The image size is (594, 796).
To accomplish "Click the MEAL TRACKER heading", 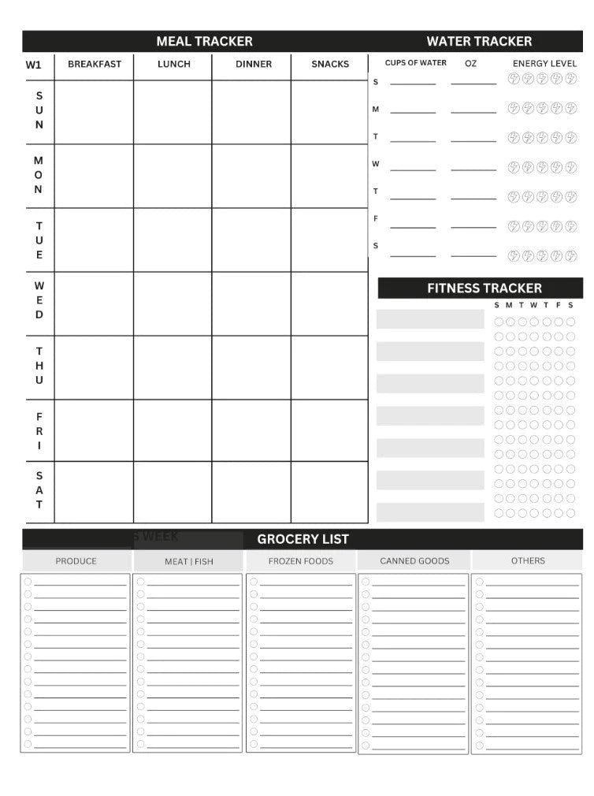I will (x=204, y=41).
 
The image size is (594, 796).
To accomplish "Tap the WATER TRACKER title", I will (x=479, y=41).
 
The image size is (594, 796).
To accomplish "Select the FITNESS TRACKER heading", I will (x=484, y=288).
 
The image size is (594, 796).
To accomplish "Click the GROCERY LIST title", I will (x=303, y=539).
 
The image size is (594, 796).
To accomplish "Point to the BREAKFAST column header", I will (x=95, y=65).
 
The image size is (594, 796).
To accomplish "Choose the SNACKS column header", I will (x=329, y=65).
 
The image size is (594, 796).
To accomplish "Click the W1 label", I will (x=34, y=65).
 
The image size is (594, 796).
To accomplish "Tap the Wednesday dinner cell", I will (x=251, y=303).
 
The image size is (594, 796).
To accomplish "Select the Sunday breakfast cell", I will (x=95, y=112).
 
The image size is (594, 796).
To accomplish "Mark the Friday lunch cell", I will (x=173, y=430).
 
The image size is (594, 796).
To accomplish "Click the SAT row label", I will (x=39, y=490).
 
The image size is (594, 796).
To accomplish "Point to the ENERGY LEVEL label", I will (x=544, y=64).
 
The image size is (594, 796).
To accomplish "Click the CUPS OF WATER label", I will (x=415, y=63).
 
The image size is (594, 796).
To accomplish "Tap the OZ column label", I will (x=470, y=64).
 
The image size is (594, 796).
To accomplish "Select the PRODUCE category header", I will (x=76, y=561).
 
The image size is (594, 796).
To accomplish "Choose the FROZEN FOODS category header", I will (x=301, y=561).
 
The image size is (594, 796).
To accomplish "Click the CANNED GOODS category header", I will (x=414, y=561).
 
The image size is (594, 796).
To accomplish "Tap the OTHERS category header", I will (x=527, y=561).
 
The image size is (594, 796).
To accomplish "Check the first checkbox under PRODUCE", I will (x=28, y=582).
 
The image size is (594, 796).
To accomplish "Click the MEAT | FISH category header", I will (x=188, y=562).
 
